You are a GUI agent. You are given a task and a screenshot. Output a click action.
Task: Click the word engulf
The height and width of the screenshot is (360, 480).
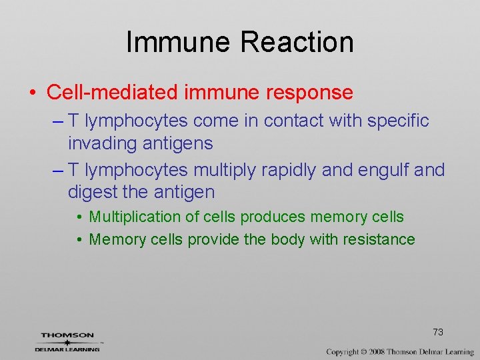coord(377,170)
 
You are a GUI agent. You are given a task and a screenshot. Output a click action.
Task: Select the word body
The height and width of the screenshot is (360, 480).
coord(289,239)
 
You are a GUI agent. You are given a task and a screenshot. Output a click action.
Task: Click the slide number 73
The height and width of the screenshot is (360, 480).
coord(438,332)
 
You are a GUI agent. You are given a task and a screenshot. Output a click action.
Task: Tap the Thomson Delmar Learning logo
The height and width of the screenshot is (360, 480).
coord(67,341)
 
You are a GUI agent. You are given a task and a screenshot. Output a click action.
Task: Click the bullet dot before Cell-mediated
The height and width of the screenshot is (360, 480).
coord(33,93)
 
